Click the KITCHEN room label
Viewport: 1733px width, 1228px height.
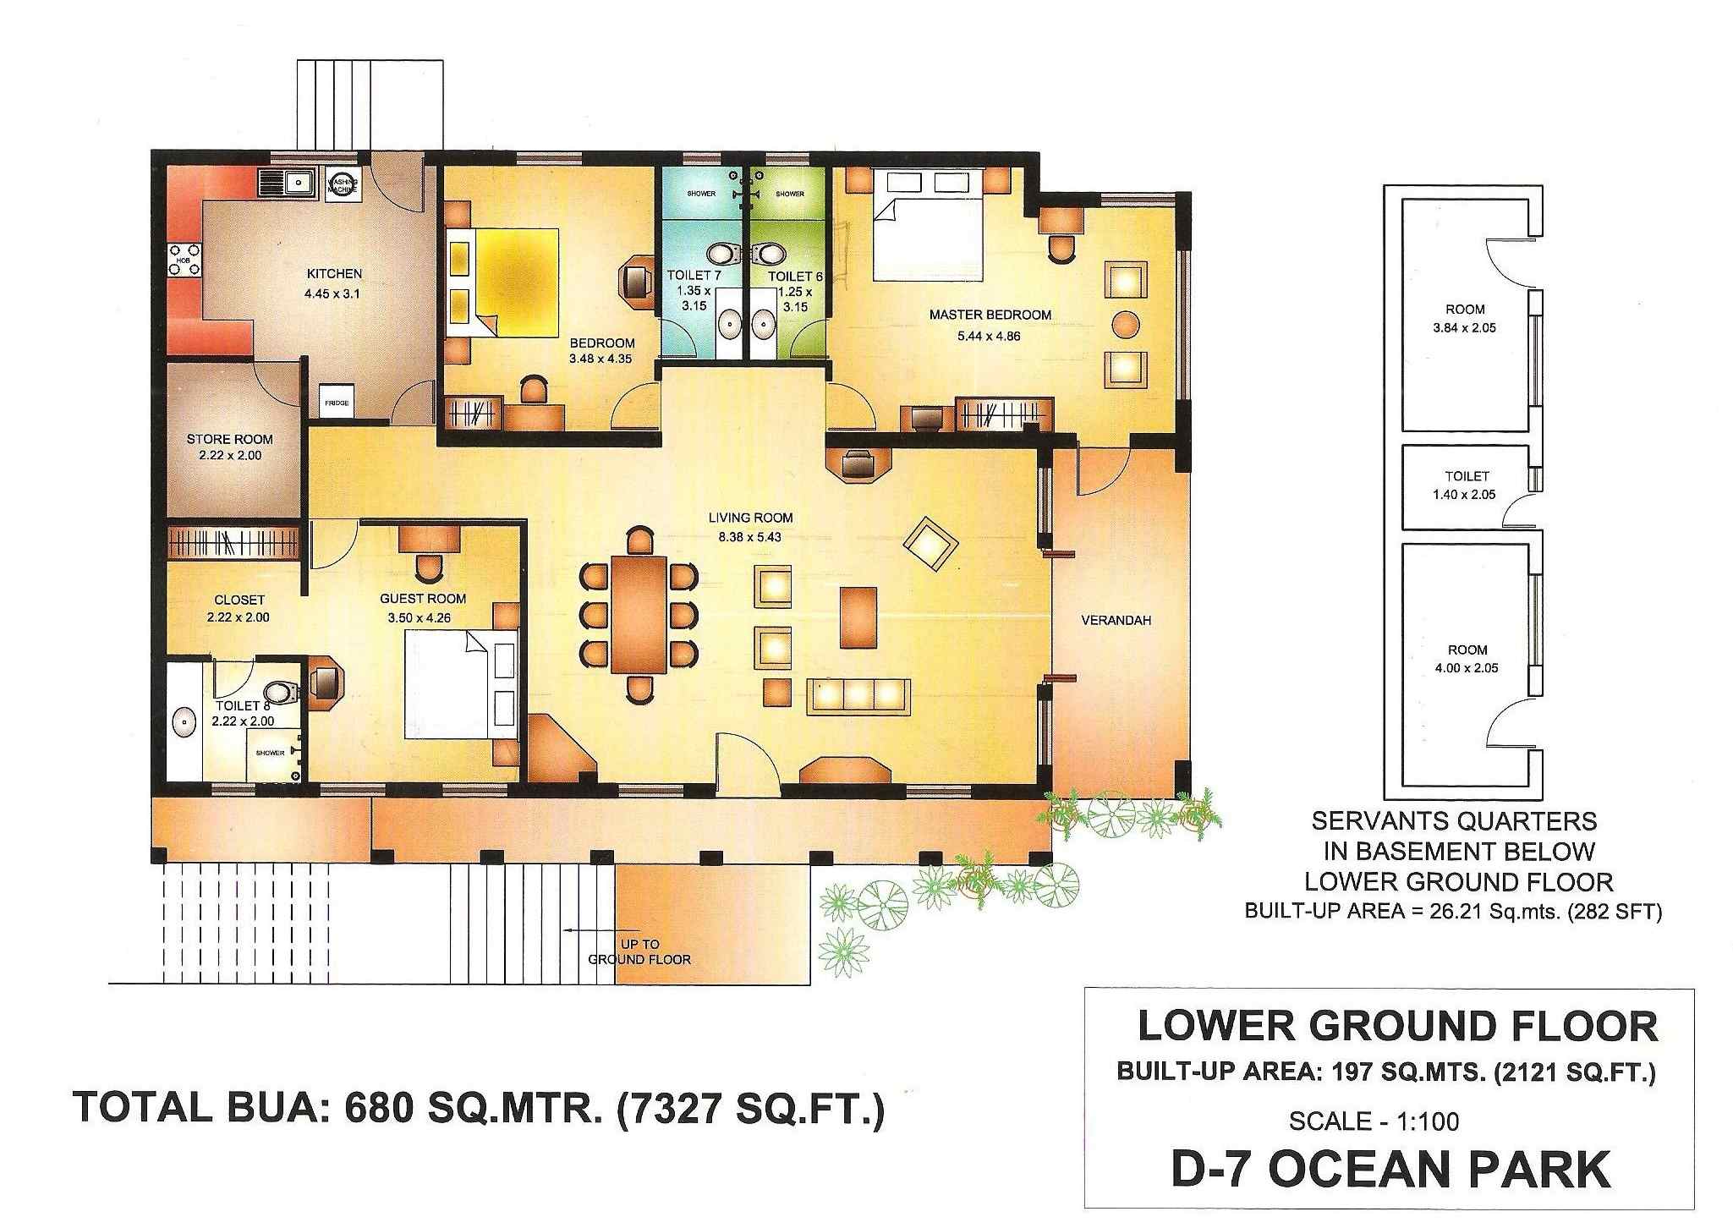click(x=334, y=274)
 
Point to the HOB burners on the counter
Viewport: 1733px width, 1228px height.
click(x=185, y=259)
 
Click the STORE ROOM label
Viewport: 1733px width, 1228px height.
click(x=230, y=439)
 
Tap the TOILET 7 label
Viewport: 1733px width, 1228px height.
click(x=694, y=276)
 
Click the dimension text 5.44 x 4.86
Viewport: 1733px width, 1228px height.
click(x=990, y=335)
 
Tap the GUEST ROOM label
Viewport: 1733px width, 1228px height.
click(x=423, y=599)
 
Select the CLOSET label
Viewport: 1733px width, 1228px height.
click(x=239, y=600)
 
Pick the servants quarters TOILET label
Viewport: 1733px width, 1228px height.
click(x=1467, y=476)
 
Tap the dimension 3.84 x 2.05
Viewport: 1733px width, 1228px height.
click(x=1464, y=327)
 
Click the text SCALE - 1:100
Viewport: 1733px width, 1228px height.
click(x=1374, y=1121)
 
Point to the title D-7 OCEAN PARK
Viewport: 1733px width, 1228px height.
click(x=1390, y=1170)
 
